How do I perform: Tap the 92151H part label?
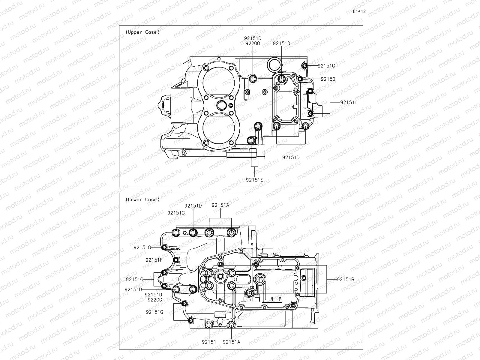coord(349,102)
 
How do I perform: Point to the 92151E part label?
coord(254,180)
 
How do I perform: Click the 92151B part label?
coord(345,279)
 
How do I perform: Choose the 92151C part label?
coord(176,213)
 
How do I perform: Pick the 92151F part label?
coord(154,260)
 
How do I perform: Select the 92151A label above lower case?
coord(220,205)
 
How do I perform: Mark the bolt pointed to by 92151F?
coord(176,260)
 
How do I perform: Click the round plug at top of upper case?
coord(274,64)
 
